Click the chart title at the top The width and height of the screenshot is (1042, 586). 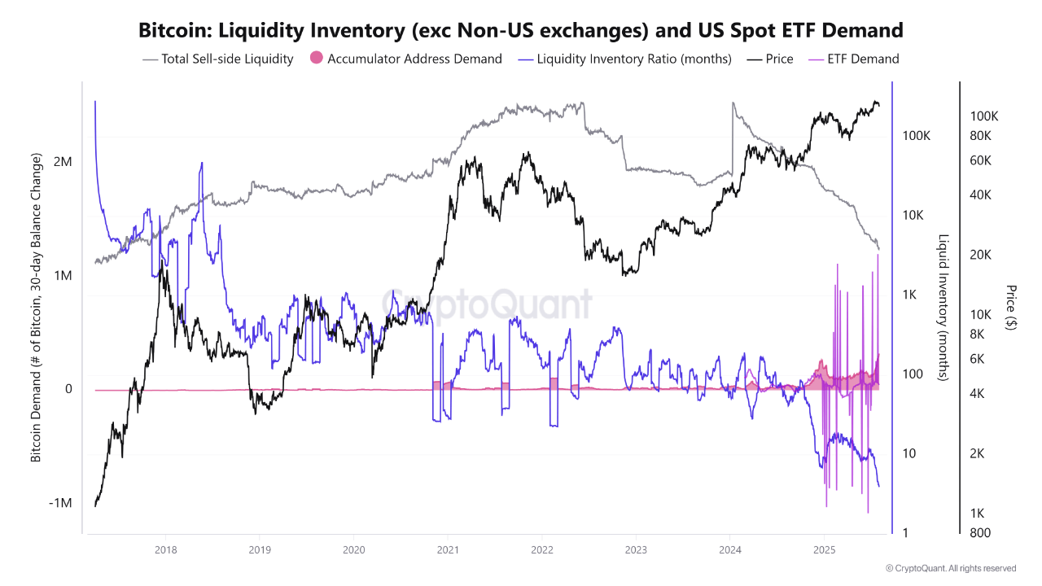coord(521,31)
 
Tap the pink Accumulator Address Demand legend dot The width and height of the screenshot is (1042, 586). coord(317,59)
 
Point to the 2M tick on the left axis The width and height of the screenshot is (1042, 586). coord(63,162)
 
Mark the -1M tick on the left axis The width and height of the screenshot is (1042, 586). coord(60,503)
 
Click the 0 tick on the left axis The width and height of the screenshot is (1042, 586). coord(68,389)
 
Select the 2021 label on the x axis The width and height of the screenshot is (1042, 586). coord(448,550)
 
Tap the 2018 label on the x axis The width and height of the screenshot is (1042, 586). coord(165,550)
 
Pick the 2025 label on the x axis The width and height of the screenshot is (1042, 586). coord(825,550)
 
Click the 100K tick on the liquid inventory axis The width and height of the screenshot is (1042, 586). coord(917,135)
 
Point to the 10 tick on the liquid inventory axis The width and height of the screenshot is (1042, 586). coord(910,453)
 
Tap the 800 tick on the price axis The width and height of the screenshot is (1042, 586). coord(981,533)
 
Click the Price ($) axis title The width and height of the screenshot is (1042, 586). coord(1010,307)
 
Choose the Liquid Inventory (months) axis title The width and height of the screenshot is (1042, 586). coord(943,308)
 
